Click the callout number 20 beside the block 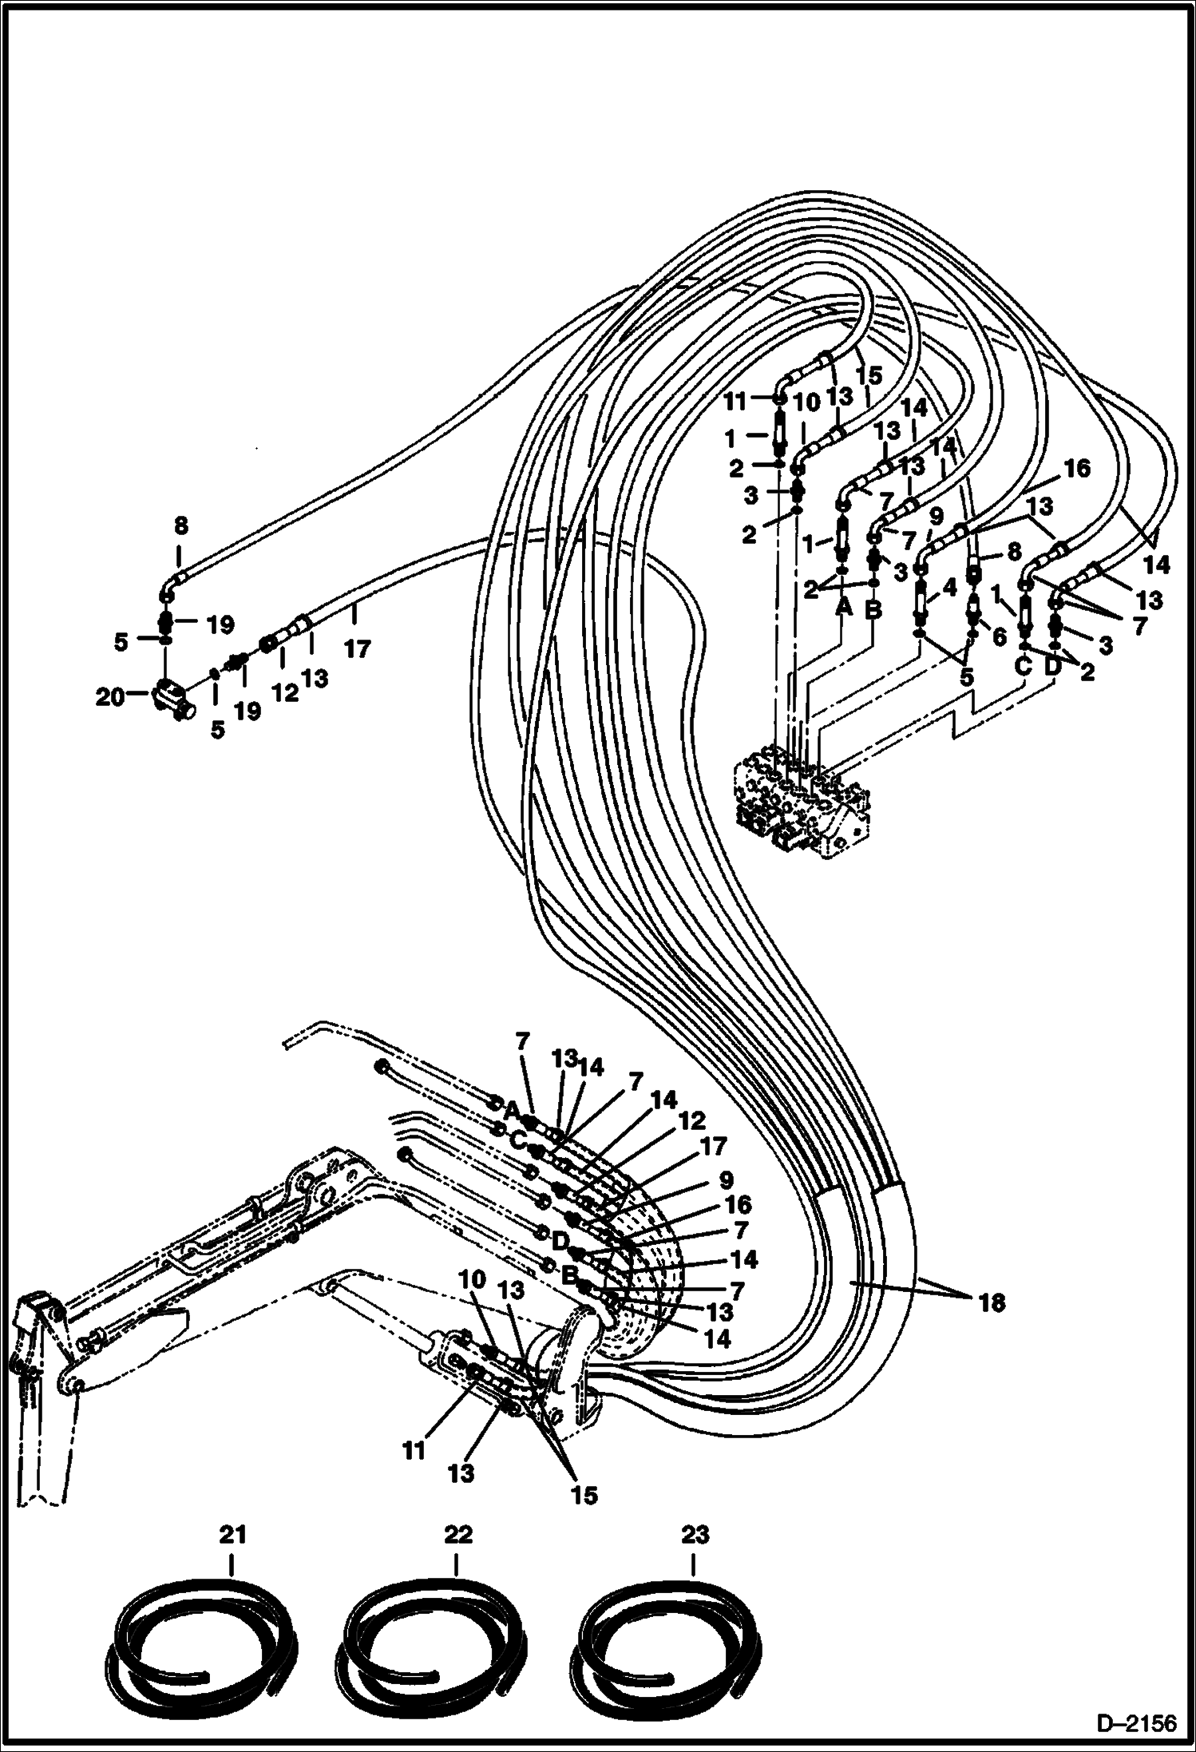[x=109, y=697]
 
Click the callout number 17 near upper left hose [x=357, y=648]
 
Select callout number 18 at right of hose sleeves [x=990, y=1303]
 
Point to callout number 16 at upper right [x=1075, y=468]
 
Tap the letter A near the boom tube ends [x=512, y=1109]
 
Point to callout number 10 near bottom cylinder [x=472, y=1301]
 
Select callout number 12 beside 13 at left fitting [x=284, y=692]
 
